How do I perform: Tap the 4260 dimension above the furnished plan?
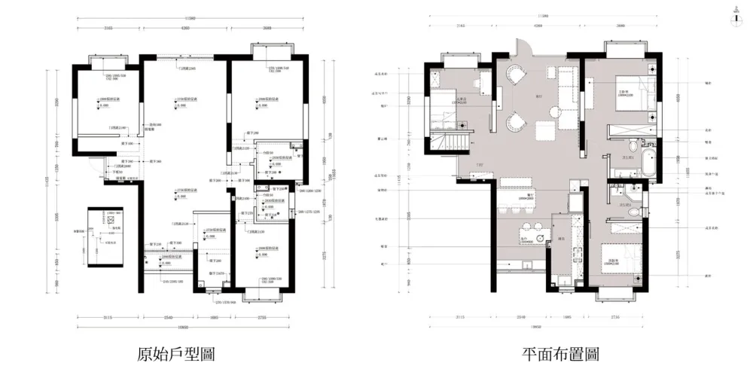pyautogui.click(x=538, y=25)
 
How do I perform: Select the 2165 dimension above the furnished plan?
pyautogui.click(x=460, y=25)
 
